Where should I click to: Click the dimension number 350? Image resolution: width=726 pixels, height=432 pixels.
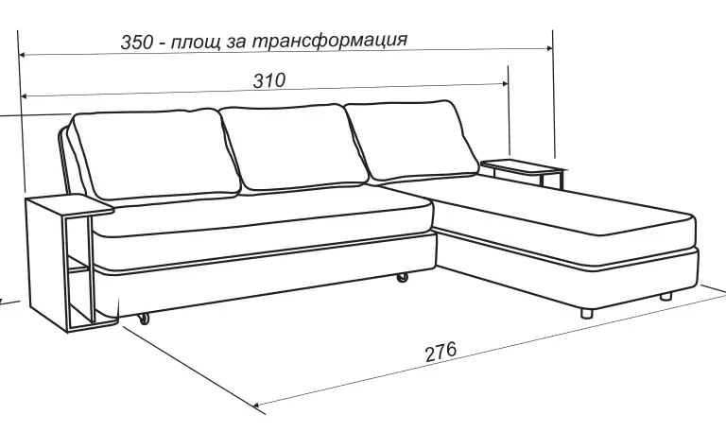pyautogui.click(x=136, y=42)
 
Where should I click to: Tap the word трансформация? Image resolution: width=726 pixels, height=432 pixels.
pyautogui.click(x=330, y=40)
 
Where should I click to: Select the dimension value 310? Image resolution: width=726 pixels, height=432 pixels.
pyautogui.click(x=269, y=80)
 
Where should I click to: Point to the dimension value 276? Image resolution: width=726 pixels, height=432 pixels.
pyautogui.click(x=441, y=352)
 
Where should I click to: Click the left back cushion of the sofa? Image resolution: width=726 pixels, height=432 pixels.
pyautogui.click(x=155, y=155)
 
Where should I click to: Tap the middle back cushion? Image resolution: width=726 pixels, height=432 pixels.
pyautogui.click(x=294, y=147)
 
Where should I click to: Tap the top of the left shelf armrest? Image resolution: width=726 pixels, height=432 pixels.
pyautogui.click(x=69, y=204)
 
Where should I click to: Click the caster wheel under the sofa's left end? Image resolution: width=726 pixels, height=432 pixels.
pyautogui.click(x=144, y=319)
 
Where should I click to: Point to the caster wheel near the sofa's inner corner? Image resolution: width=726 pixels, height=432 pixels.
pyautogui.click(x=403, y=277)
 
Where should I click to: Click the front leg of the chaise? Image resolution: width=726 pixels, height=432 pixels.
pyautogui.click(x=587, y=313)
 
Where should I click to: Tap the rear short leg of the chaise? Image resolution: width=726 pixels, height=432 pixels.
pyautogui.click(x=665, y=296)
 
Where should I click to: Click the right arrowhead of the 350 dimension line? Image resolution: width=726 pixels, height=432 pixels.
pyautogui.click(x=549, y=47)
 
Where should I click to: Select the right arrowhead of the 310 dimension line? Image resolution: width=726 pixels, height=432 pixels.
pyautogui.click(x=505, y=83)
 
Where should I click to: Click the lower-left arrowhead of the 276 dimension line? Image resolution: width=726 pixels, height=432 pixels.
pyautogui.click(x=257, y=406)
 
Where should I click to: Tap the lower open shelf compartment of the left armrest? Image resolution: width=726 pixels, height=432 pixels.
pyautogui.click(x=79, y=296)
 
